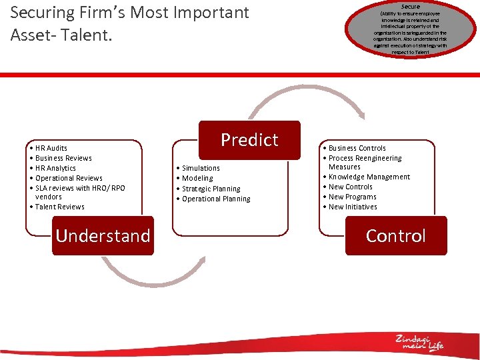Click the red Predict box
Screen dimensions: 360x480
249,140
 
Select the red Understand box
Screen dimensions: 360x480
103,235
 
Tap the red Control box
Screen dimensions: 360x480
396,235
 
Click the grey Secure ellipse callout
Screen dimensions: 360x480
410,30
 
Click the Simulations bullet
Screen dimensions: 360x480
201,168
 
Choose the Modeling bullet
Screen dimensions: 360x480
197,178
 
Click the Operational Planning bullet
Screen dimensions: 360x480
216,199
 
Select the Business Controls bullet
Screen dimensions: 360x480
357,148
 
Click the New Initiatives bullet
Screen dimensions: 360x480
353,207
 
